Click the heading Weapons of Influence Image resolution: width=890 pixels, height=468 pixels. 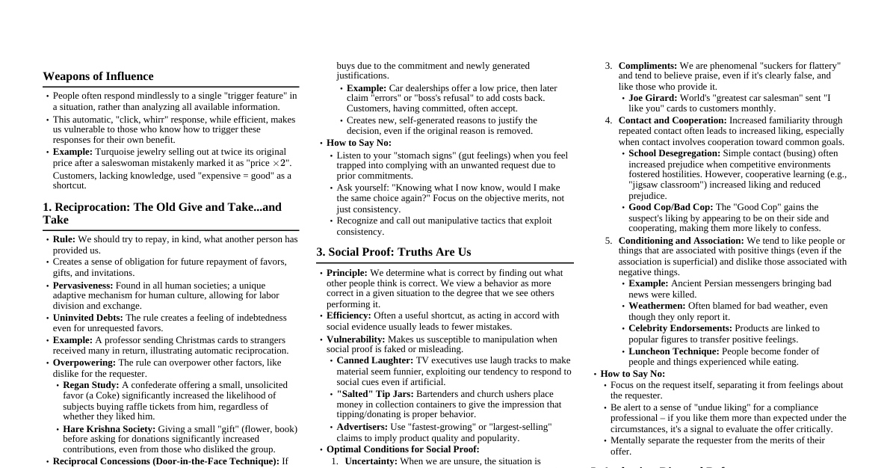98,76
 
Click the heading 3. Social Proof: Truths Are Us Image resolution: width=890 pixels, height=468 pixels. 393,252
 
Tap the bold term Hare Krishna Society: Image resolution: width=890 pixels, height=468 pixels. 109,429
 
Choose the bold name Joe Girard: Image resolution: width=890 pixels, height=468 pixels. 652,98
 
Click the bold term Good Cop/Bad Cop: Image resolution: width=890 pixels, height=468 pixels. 670,207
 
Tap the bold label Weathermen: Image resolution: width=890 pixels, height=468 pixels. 657,306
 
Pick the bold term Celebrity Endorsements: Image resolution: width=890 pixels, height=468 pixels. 680,328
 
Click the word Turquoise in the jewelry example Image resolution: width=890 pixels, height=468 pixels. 117,152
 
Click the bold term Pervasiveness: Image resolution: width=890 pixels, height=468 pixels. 83,286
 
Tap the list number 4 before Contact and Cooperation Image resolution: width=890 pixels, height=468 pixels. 608,120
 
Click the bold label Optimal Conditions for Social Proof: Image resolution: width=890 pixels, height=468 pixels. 403,449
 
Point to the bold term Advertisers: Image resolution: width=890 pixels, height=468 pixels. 362,427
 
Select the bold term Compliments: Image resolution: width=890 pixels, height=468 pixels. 647,66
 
